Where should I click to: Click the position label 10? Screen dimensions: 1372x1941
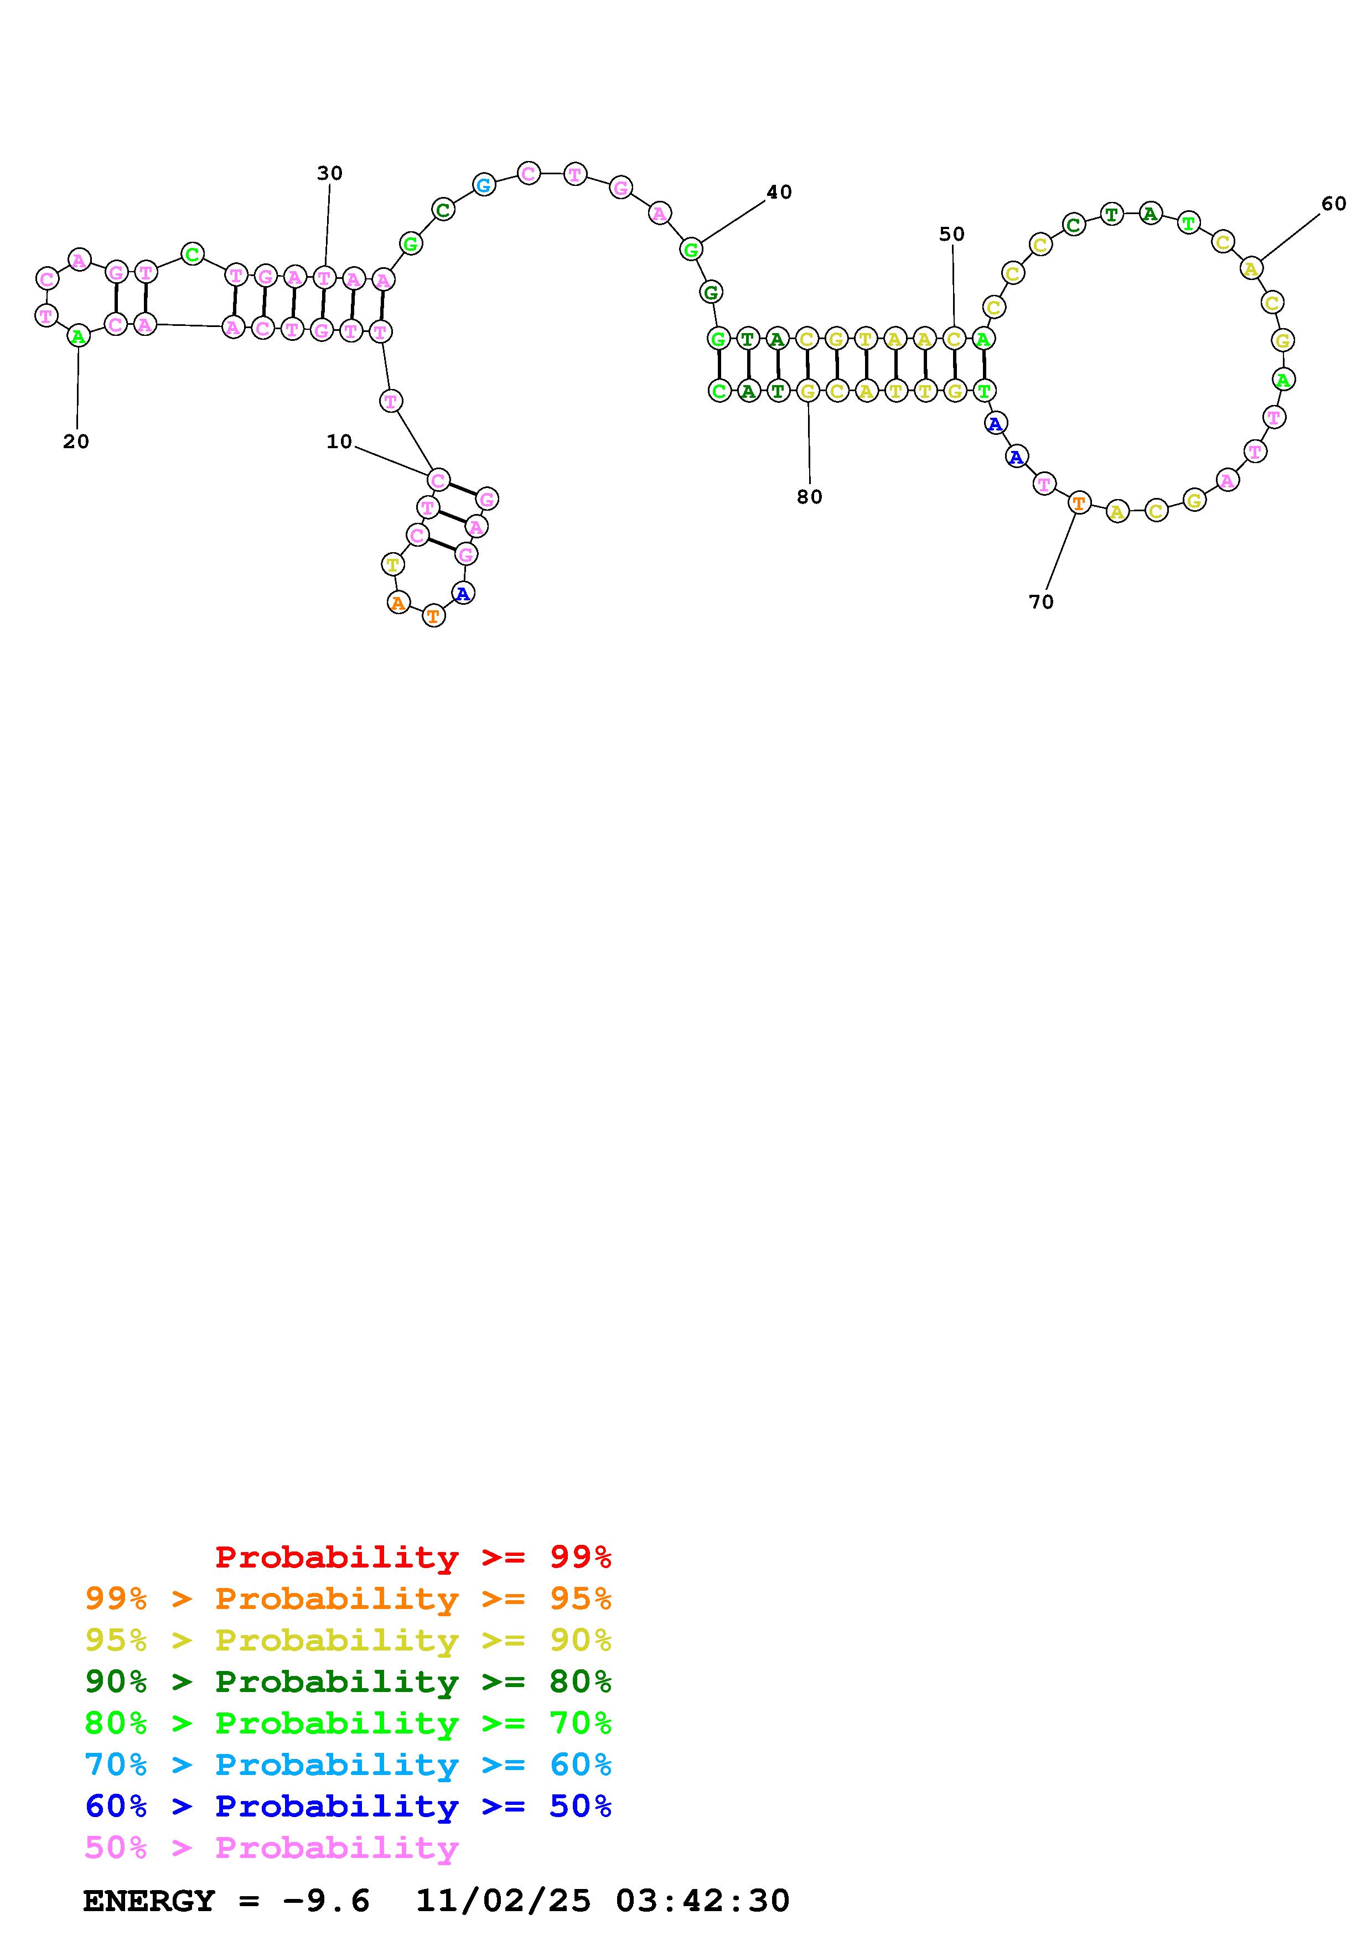click(339, 442)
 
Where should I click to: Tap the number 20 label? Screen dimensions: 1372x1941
click(76, 442)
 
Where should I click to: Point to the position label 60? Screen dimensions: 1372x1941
click(1333, 204)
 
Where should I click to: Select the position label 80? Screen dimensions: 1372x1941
click(809, 497)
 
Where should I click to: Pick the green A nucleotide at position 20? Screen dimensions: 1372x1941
click(78, 336)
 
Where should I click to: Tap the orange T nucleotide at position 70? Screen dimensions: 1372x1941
click(1078, 504)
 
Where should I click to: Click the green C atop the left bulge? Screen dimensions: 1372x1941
click(193, 253)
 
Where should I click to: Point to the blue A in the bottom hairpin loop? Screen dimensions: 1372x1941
click(462, 594)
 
